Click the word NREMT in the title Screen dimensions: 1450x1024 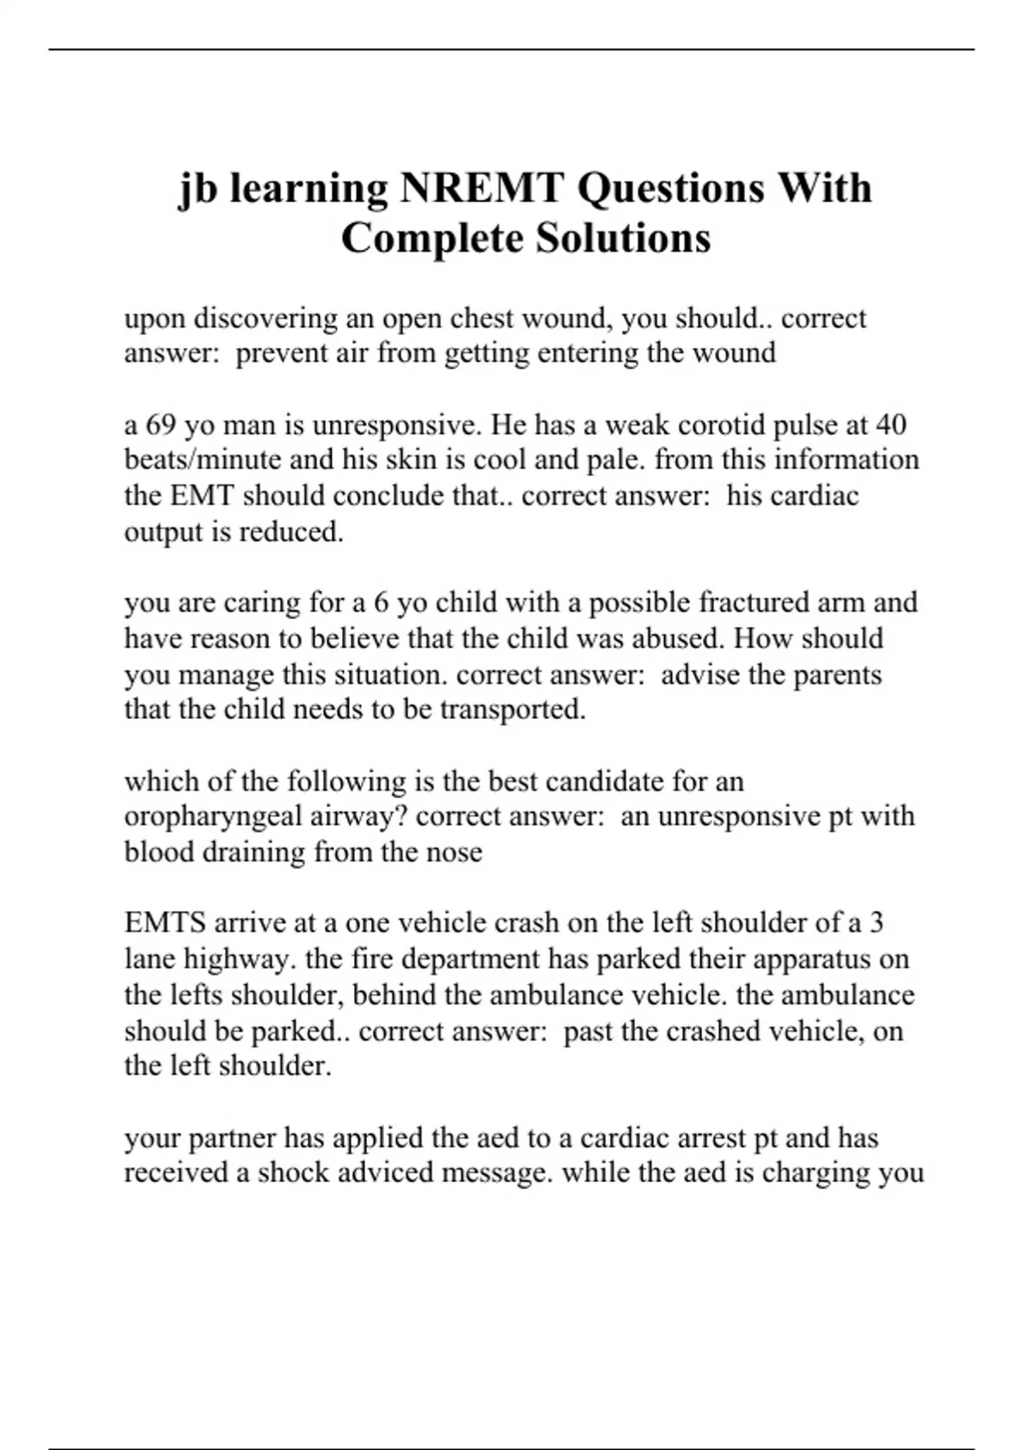point(480,188)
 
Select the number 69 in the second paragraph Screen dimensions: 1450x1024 point(160,425)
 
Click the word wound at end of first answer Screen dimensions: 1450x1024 point(734,353)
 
